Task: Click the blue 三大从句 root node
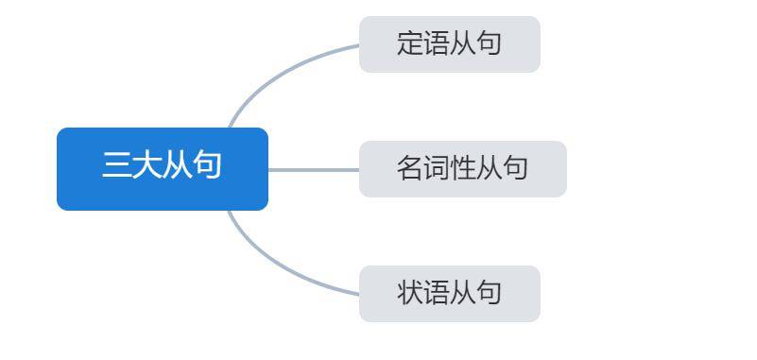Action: pyautogui.click(x=163, y=169)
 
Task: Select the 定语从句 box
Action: pyautogui.click(x=450, y=44)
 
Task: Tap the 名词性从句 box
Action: pyautogui.click(x=462, y=169)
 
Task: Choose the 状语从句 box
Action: pyautogui.click(x=450, y=294)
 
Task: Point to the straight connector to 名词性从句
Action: pyautogui.click(x=314, y=170)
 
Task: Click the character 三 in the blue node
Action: pyautogui.click(x=116, y=165)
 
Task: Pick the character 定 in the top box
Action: pyautogui.click(x=410, y=43)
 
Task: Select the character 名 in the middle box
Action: pyautogui.click(x=410, y=168)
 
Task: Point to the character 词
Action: pyautogui.click(x=437, y=168)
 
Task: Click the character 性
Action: pyautogui.click(x=462, y=168)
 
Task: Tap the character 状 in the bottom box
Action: pyautogui.click(x=410, y=292)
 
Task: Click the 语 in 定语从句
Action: pyautogui.click(x=437, y=43)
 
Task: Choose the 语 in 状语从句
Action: pyautogui.click(x=437, y=292)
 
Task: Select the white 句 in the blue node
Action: pyautogui.click(x=207, y=165)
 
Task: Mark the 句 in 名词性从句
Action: pyautogui.click(x=515, y=168)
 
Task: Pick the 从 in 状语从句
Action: pyautogui.click(x=462, y=292)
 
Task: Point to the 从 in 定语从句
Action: pyautogui.click(x=462, y=43)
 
